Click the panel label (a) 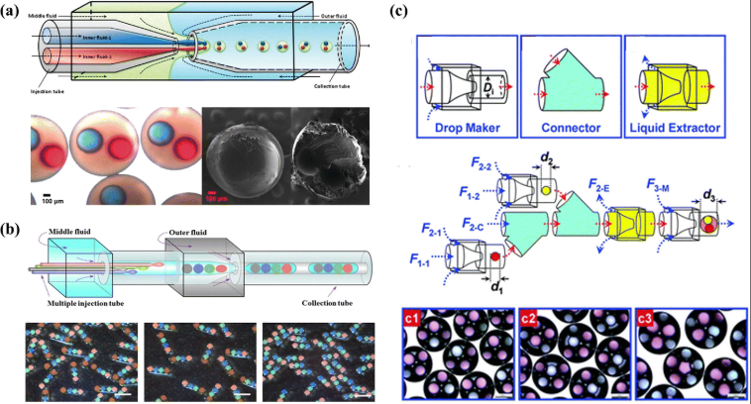(x=13, y=14)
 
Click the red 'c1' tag (x=414, y=318)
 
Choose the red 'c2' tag (x=531, y=318)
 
